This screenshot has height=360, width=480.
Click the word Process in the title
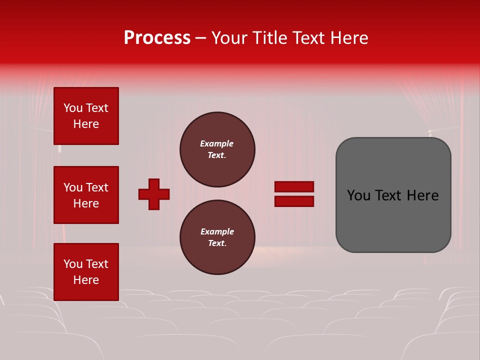(157, 38)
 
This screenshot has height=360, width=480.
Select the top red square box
(86, 116)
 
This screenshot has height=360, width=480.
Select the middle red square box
(86, 195)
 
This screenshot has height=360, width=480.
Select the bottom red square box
(86, 272)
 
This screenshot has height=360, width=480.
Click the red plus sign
(154, 194)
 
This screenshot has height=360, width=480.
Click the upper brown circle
(217, 149)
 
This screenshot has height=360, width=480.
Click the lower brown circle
(217, 237)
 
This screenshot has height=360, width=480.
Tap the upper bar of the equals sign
(294, 186)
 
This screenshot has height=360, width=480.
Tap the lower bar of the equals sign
(294, 201)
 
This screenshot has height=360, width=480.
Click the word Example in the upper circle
(216, 143)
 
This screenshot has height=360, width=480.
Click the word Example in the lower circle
(217, 231)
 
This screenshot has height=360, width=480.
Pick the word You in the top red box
(73, 108)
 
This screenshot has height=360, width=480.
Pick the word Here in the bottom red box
(86, 280)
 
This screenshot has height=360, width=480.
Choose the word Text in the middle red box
(97, 187)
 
